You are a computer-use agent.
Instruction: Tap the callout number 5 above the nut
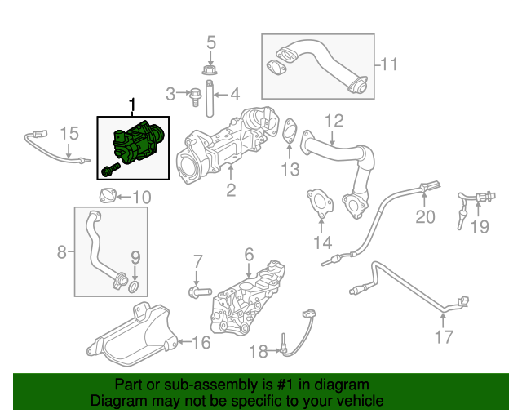(210, 42)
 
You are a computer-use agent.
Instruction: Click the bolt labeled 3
(196, 96)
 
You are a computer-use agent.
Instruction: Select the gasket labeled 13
(290, 133)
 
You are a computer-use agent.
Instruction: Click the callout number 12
(334, 122)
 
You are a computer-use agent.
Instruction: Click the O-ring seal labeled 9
(135, 286)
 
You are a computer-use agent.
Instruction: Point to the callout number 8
(62, 253)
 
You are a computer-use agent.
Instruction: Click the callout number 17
(443, 336)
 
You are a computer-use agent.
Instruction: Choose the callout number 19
(480, 227)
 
